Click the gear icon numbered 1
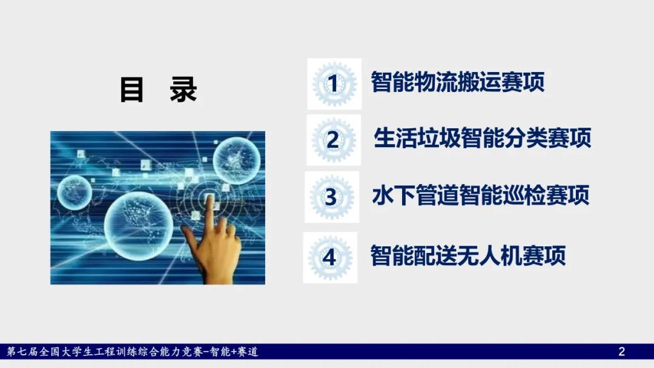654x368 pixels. [334, 84]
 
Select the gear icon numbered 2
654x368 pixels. [334, 140]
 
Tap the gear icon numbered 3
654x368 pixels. [332, 197]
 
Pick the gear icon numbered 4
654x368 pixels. [330, 258]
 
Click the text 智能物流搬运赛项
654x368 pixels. [458, 82]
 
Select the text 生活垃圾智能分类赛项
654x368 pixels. [482, 137]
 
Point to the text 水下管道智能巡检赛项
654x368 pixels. [480, 195]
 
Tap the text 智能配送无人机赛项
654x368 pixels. [468, 255]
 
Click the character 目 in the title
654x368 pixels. [132, 90]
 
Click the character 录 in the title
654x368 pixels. [183, 90]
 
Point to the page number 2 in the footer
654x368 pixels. [621, 352]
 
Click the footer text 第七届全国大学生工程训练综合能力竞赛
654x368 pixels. [105, 352]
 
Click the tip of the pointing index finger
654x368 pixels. [208, 197]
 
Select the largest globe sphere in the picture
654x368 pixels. [139, 226]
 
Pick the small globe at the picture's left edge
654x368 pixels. [74, 192]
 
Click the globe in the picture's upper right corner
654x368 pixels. [237, 161]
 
